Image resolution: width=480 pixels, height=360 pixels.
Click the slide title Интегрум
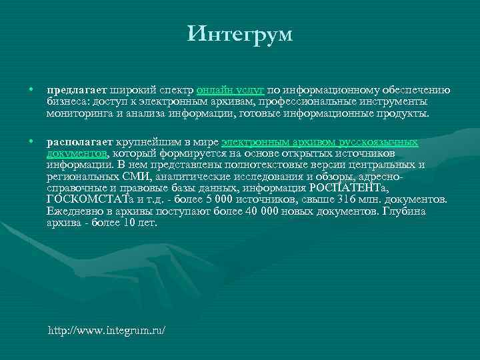(x=240, y=33)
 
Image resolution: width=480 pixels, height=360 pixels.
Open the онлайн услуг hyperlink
(x=231, y=90)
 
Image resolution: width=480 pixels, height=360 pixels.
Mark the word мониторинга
(x=78, y=113)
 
